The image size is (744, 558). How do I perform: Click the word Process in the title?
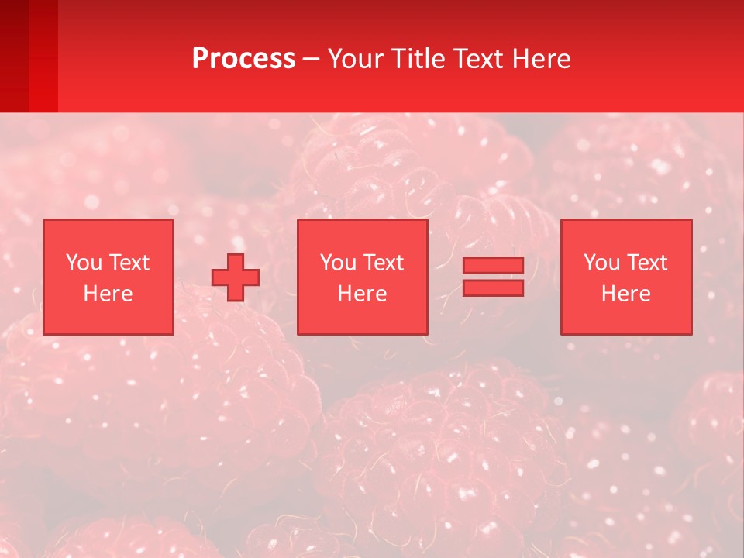[243, 59]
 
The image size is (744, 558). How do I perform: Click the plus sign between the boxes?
[236, 277]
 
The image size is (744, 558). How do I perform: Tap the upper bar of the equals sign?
[493, 265]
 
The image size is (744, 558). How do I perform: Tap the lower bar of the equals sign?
[493, 288]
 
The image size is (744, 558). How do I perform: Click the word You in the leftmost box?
[84, 263]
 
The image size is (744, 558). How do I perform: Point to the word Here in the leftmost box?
[108, 294]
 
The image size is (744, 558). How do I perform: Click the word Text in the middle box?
[383, 263]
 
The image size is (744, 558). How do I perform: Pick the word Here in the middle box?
[363, 294]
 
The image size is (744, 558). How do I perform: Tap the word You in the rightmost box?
[601, 263]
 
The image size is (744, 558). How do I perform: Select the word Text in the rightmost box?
[646, 263]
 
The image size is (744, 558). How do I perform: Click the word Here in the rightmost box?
[626, 294]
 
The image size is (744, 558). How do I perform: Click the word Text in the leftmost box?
[129, 263]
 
